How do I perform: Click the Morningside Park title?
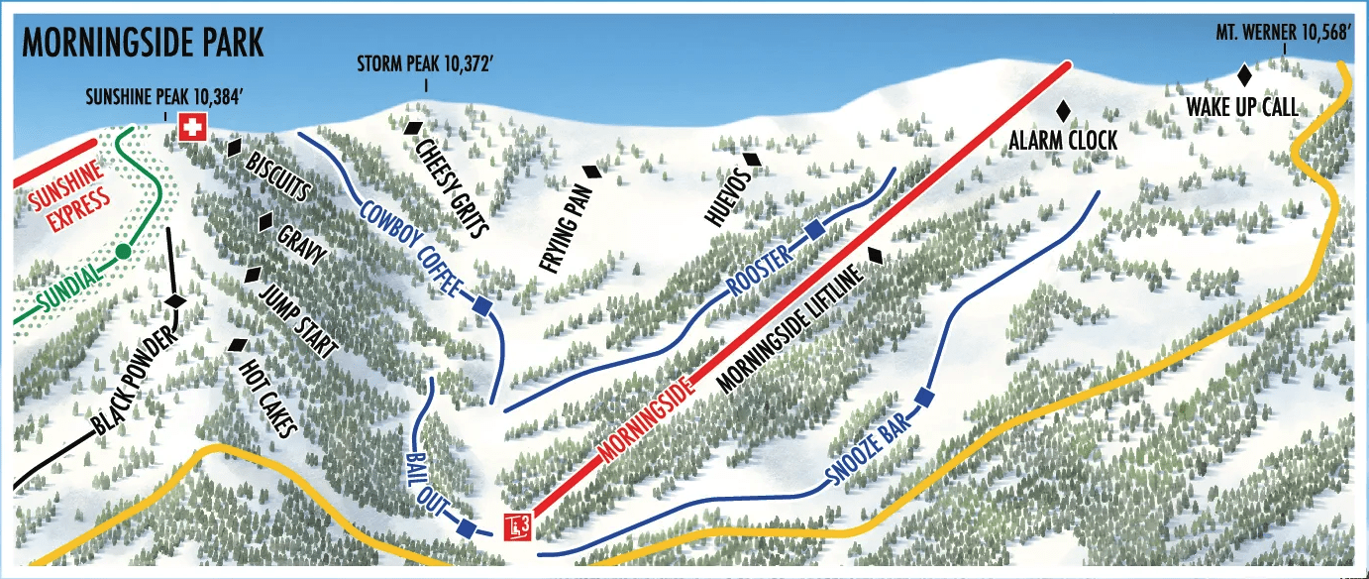(x=143, y=44)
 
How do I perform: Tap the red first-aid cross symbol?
(x=190, y=127)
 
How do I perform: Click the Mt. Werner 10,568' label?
(x=1284, y=33)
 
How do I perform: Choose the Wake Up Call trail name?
(x=1241, y=107)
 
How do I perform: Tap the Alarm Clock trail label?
(x=1063, y=142)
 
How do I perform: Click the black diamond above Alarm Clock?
(x=1065, y=110)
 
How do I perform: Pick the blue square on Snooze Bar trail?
(x=924, y=398)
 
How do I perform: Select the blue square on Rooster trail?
(x=814, y=230)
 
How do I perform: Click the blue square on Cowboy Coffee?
(x=482, y=306)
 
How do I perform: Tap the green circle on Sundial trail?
(x=122, y=252)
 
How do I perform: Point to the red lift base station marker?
(x=518, y=526)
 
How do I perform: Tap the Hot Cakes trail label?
(x=268, y=398)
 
